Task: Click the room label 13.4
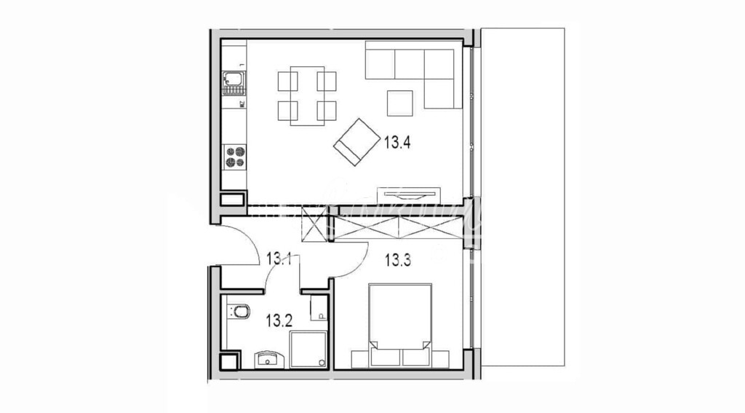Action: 398,143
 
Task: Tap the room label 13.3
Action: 399,259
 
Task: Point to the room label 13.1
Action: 279,258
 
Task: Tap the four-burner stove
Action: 234,157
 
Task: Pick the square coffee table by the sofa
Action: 399,102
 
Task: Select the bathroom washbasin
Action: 269,358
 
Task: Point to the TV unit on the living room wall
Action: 409,194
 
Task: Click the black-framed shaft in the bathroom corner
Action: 228,360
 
